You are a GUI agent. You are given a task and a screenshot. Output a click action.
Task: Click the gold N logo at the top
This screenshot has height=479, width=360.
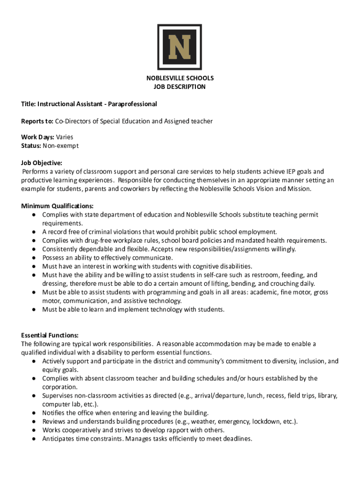point(180,47)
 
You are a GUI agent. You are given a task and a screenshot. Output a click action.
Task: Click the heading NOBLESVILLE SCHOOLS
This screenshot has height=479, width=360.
point(180,78)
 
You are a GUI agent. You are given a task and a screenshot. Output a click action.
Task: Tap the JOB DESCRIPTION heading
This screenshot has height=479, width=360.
point(180,87)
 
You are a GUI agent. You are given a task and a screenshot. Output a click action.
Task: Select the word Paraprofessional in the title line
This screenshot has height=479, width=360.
point(133,104)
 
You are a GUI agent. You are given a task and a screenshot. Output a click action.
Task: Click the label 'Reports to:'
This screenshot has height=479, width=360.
point(37,121)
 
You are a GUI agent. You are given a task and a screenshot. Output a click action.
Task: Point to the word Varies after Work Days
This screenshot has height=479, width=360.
point(65,138)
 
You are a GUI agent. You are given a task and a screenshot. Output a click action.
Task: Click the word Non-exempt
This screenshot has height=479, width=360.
point(61,146)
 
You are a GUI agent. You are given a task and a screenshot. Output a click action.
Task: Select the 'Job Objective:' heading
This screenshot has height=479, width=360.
point(42,163)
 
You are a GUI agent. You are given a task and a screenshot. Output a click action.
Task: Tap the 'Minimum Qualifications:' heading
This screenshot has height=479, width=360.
point(58,206)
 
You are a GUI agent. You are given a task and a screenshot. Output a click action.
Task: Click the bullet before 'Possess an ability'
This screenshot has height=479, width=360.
point(35,258)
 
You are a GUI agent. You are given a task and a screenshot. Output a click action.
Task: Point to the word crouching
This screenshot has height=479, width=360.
point(273,283)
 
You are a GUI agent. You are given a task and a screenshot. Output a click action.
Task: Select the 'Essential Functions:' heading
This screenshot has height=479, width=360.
point(50,335)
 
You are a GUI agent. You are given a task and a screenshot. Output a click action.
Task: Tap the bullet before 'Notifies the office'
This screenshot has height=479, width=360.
point(35,413)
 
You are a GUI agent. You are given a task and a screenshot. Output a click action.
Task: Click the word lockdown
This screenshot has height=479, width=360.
point(266,421)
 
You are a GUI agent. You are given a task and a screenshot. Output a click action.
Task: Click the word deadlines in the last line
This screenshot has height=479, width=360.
point(237,439)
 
